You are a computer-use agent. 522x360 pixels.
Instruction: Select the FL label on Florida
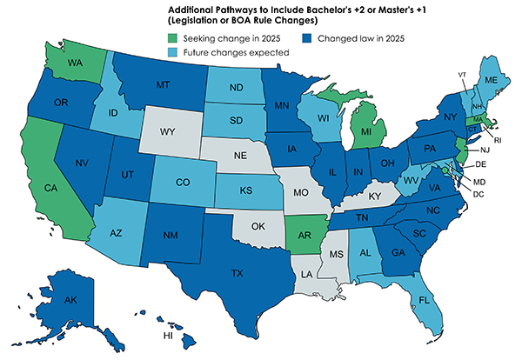[x=425, y=300]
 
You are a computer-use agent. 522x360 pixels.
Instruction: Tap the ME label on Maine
[x=490, y=80]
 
